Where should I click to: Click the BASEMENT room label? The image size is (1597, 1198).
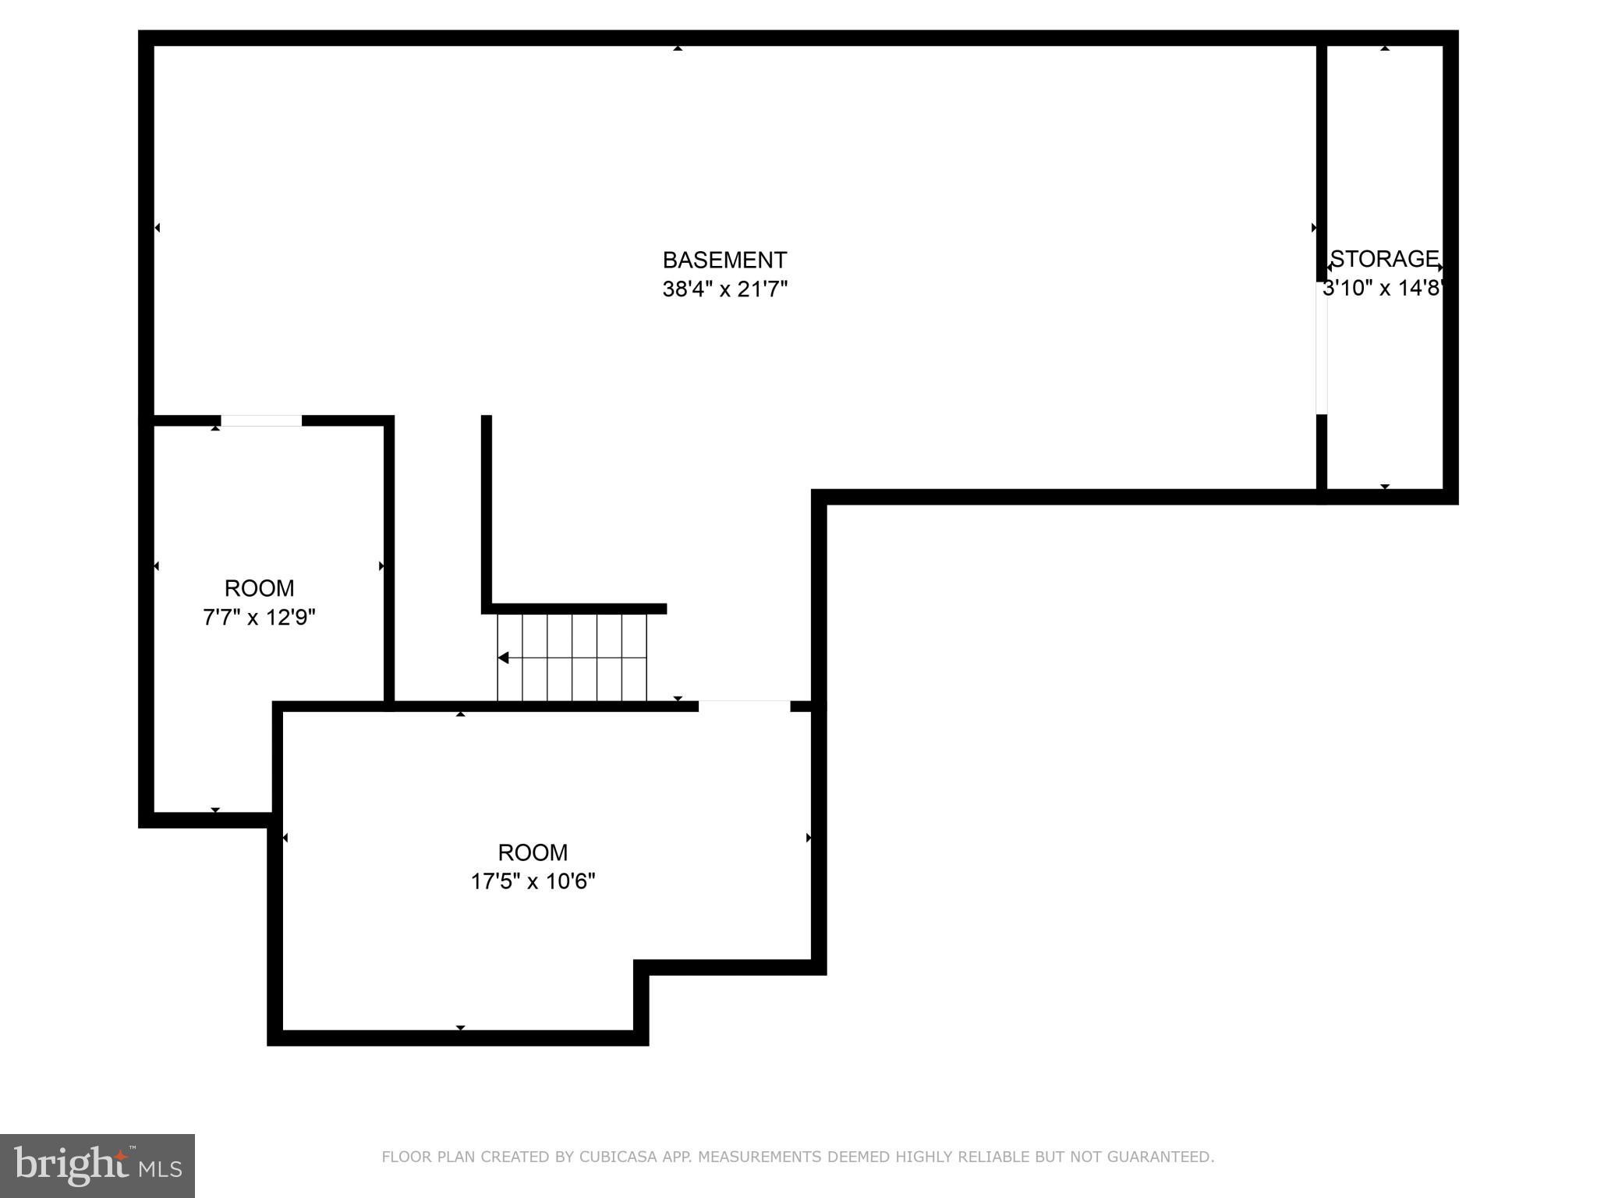coord(724,260)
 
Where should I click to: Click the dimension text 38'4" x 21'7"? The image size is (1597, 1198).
coord(724,289)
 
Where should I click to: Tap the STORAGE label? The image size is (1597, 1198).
coord(1384,258)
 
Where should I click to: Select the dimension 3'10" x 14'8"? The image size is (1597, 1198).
coord(1383,289)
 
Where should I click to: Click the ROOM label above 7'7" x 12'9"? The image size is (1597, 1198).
coord(259,588)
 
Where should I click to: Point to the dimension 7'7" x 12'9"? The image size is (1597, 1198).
coord(259,618)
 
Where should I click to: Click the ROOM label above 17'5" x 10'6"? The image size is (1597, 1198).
coord(533,852)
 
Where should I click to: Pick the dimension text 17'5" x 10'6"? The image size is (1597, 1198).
coord(533,881)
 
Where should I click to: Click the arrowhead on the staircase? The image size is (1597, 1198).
coord(504,657)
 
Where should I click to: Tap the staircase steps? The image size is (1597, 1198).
coord(572,657)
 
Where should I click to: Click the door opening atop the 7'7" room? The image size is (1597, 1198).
coord(261,421)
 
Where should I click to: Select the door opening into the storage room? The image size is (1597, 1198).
coord(1321,347)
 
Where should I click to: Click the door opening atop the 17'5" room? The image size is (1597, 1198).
coord(744,706)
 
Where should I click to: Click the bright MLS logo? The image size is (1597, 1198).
coord(97,1165)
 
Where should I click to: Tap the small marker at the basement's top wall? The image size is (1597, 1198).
coord(678,48)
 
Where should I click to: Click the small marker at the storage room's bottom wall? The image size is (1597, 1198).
coord(1385,486)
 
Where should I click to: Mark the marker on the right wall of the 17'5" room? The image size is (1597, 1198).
coord(809,838)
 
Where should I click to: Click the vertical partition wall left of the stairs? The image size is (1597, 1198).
coord(487,511)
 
